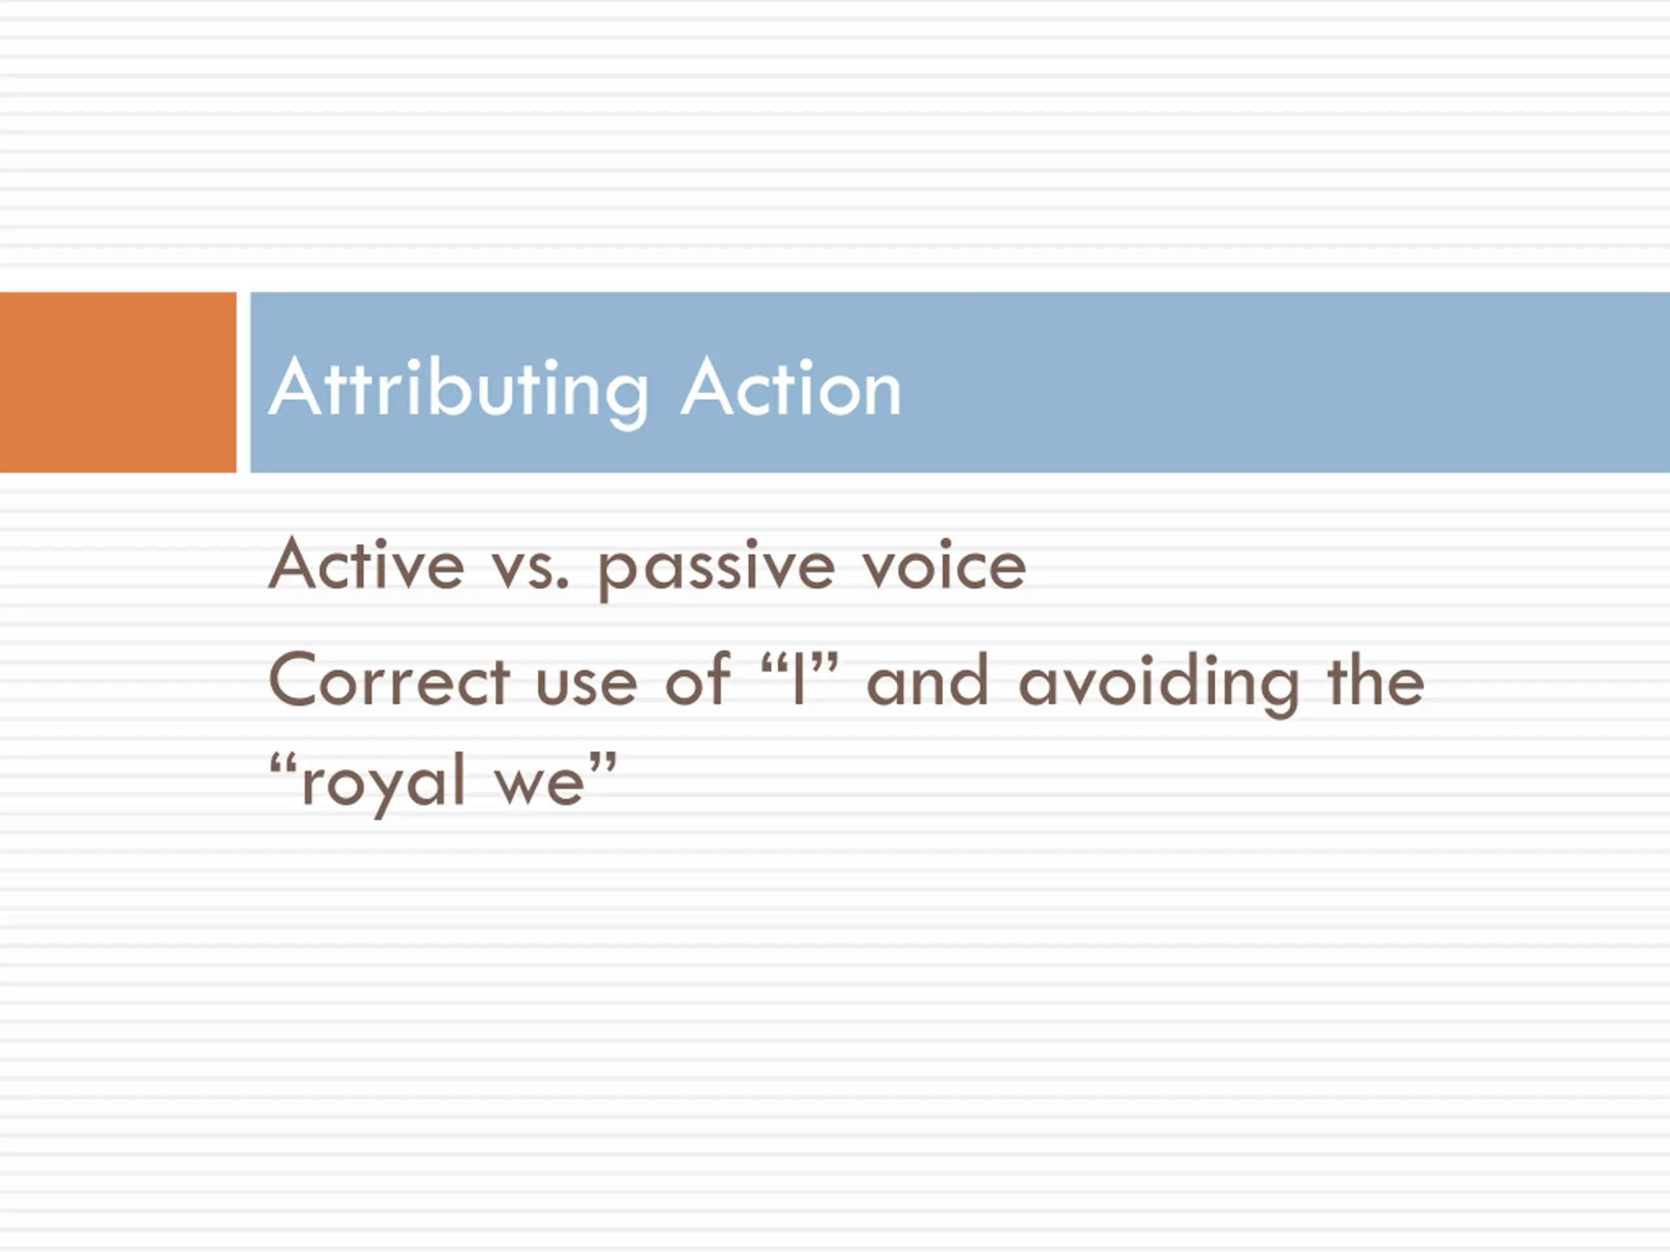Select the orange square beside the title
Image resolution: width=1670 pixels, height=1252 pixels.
(x=118, y=382)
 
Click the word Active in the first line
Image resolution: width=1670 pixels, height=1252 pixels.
(x=366, y=564)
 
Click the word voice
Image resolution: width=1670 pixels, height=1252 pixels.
(x=945, y=564)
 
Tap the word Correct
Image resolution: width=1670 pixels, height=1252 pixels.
(x=389, y=679)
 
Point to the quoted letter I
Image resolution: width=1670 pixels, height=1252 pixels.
(x=798, y=679)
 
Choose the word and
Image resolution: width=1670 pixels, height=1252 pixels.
(x=927, y=679)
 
